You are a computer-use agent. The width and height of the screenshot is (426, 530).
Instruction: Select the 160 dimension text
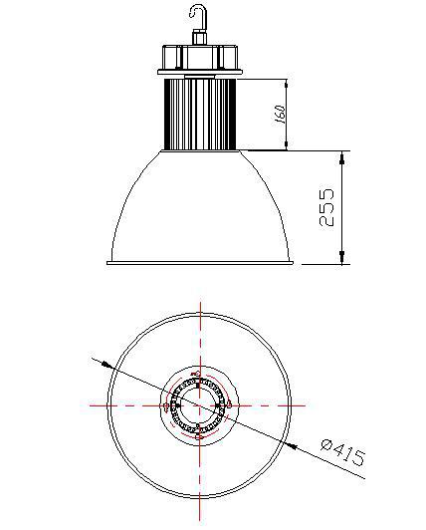tap(280, 115)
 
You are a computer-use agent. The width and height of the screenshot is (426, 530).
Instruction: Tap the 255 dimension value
tap(326, 207)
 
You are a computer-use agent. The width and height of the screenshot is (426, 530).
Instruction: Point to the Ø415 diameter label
tap(343, 452)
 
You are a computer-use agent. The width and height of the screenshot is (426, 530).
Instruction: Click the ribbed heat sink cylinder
tap(200, 115)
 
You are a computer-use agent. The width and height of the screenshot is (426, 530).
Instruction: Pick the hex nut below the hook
tap(199, 37)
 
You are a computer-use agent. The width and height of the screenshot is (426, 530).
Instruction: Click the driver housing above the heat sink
tap(200, 57)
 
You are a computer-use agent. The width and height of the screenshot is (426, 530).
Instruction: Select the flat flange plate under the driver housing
tap(200, 72)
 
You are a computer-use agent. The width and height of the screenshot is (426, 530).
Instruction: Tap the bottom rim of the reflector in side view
tap(200, 263)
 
